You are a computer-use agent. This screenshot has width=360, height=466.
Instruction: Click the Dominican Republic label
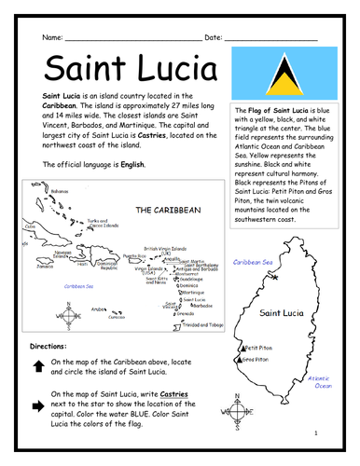click(x=110, y=266)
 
